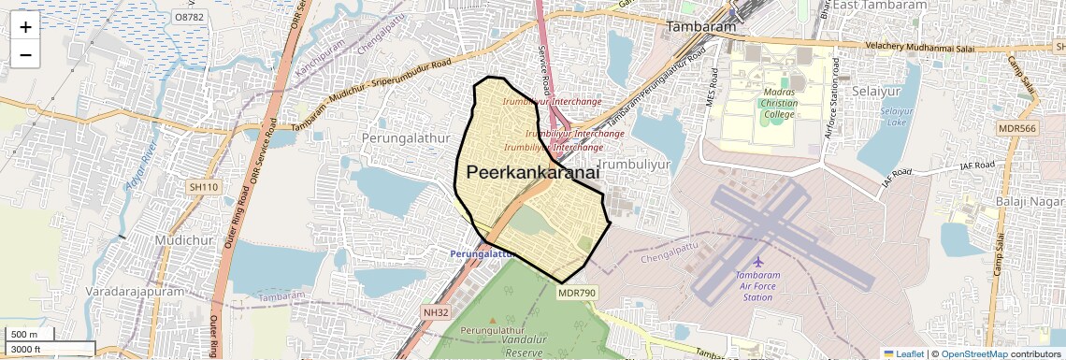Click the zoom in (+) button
click(x=25, y=28)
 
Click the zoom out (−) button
click(x=25, y=55)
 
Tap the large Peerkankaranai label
click(x=532, y=172)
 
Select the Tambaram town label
click(x=700, y=27)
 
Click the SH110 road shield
click(x=203, y=188)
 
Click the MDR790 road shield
click(x=577, y=293)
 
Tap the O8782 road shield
click(x=189, y=17)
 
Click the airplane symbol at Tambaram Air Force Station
click(x=757, y=260)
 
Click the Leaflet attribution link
click(x=903, y=353)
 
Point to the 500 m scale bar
click(x=27, y=335)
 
